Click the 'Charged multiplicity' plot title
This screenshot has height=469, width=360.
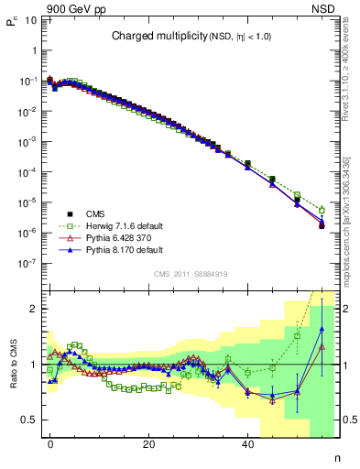[188, 37]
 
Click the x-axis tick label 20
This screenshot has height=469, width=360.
[149, 444]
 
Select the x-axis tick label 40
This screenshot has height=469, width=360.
[247, 444]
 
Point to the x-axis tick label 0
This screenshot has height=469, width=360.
[51, 444]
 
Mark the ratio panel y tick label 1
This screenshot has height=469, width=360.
[33, 365]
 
